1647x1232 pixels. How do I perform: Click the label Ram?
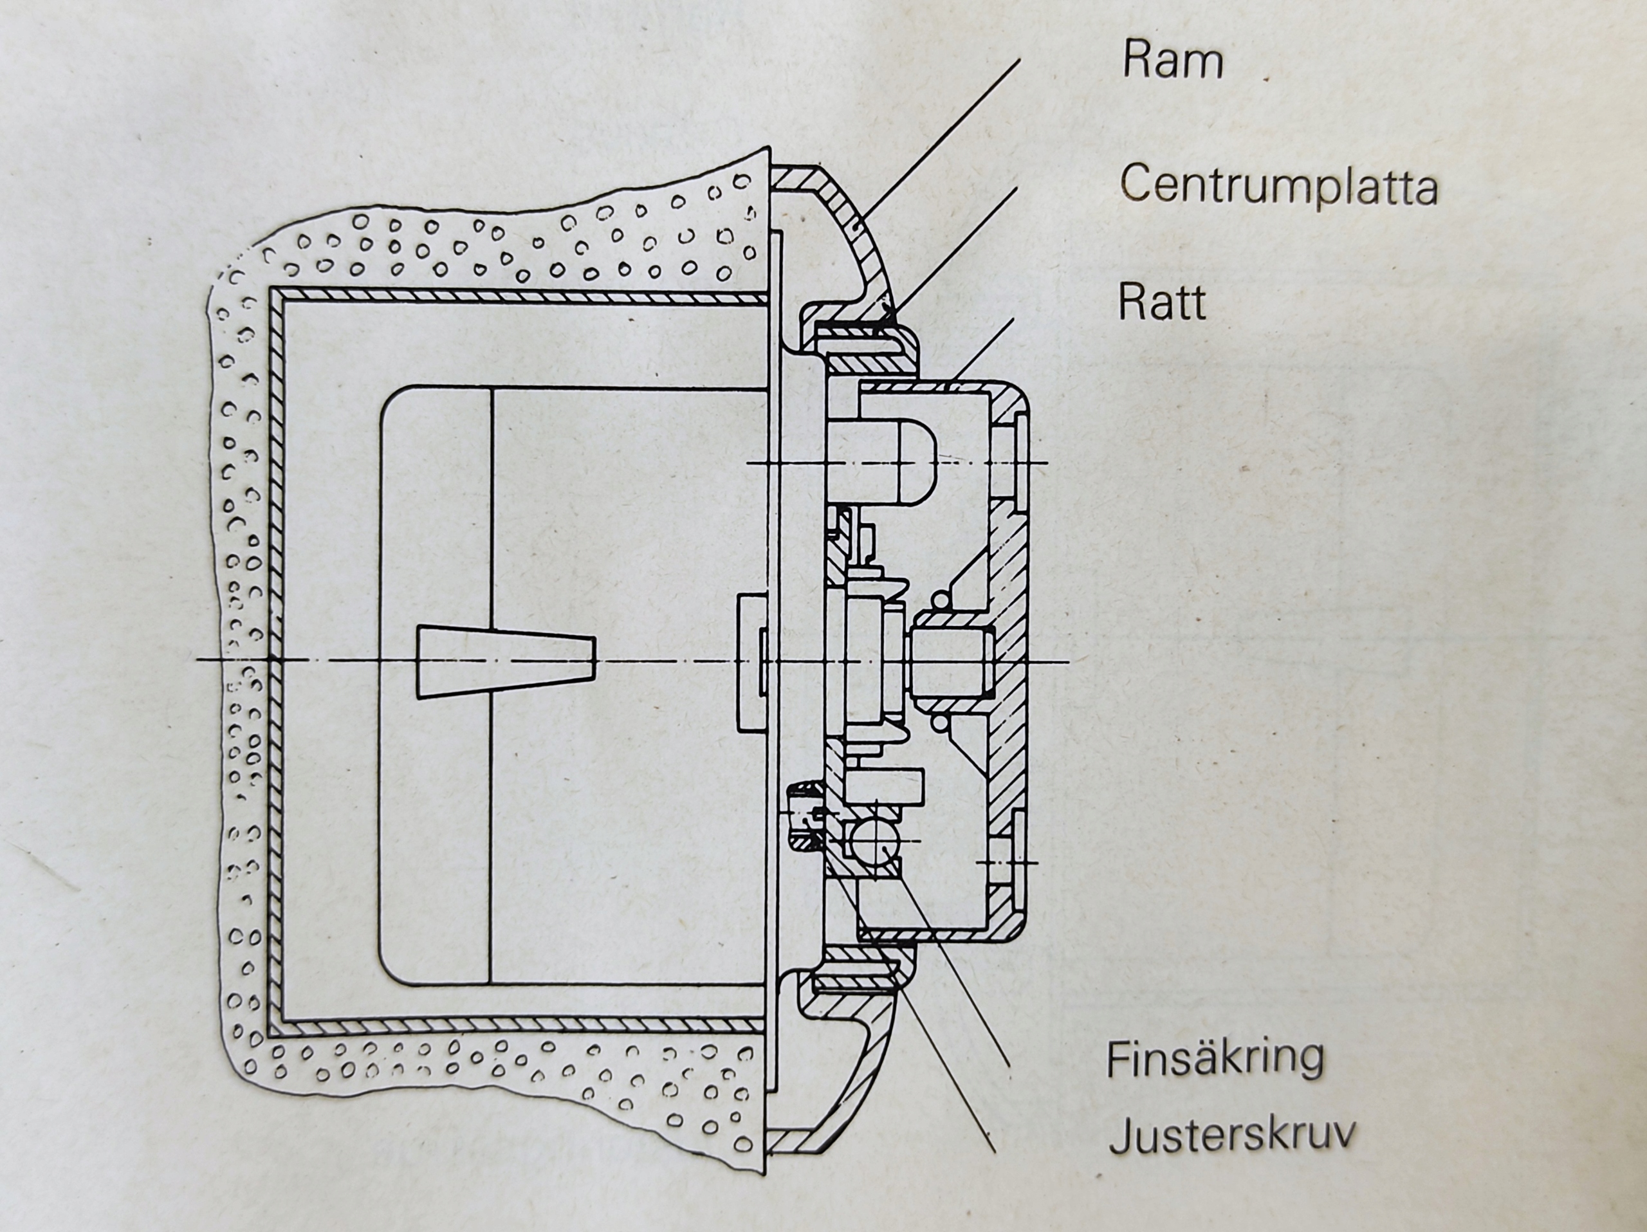[1173, 60]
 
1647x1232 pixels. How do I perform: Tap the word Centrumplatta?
[1278, 185]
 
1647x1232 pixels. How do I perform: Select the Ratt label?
[1161, 302]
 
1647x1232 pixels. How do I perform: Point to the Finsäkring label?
[1215, 1058]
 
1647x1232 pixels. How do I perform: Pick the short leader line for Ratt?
[983, 354]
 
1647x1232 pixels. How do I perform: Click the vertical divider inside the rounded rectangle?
[492, 521]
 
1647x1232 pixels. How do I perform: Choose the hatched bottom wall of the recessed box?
[521, 1027]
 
